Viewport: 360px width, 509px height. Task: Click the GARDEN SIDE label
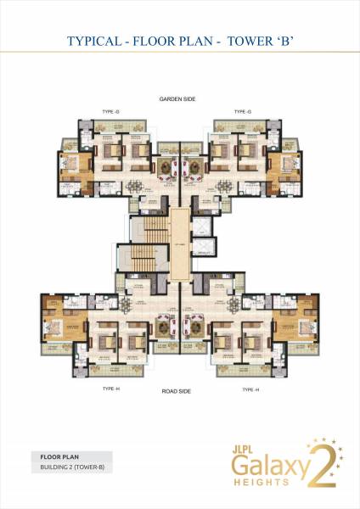(177, 99)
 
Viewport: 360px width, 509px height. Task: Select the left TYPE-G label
(109, 111)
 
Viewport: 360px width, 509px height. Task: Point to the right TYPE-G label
(243, 111)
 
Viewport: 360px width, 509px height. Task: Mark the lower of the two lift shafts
(205, 255)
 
